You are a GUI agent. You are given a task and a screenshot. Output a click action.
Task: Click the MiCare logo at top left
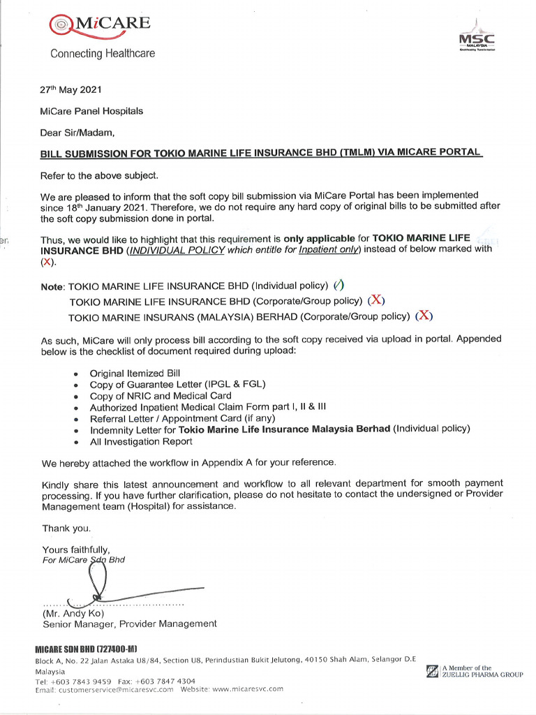(x=100, y=25)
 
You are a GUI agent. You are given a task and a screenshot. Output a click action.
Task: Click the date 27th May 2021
(x=71, y=89)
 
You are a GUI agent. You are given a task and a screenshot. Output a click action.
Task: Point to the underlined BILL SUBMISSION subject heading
(x=261, y=152)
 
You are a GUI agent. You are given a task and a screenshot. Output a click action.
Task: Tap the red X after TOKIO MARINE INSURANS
(x=424, y=316)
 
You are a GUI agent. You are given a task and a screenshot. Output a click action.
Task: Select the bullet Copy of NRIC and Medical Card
(x=161, y=396)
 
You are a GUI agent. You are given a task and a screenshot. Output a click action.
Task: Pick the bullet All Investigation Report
(x=141, y=441)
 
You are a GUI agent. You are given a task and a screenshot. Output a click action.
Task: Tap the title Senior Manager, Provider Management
(x=130, y=624)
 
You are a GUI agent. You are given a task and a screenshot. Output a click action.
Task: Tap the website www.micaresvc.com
(x=247, y=688)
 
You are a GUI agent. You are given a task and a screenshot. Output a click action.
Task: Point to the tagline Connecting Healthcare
(x=103, y=53)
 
